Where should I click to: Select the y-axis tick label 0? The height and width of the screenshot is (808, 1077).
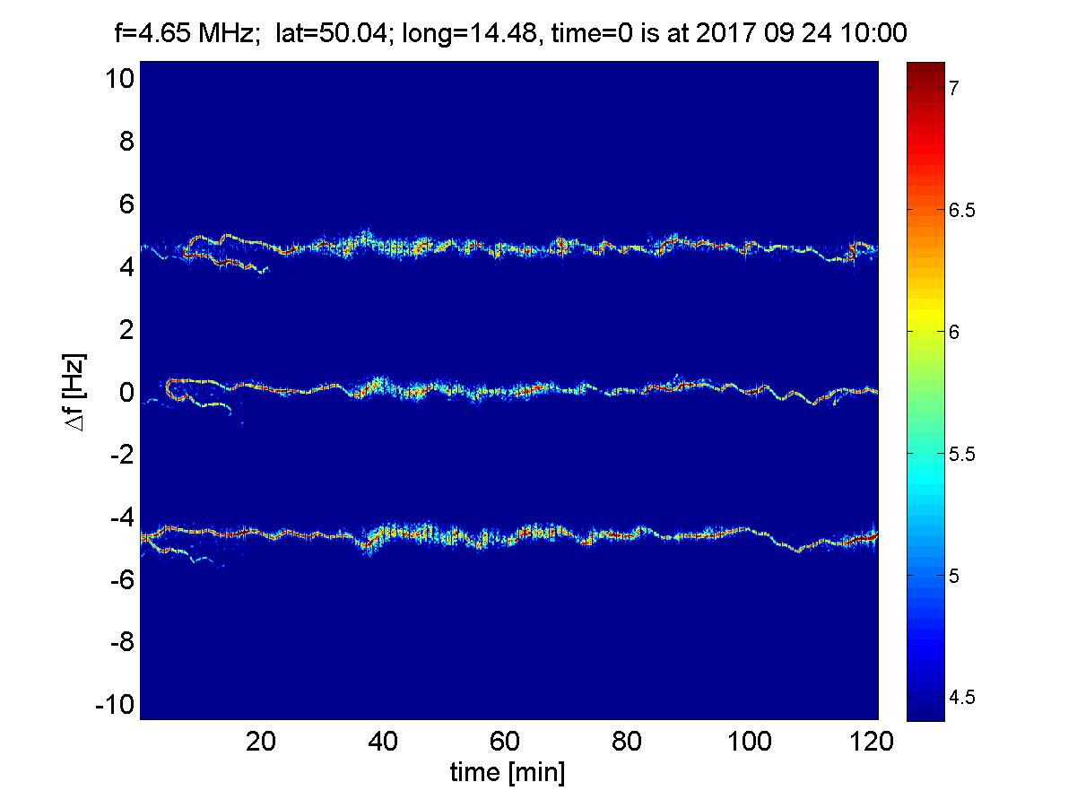(126, 393)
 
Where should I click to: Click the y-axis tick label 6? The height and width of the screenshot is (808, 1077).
(126, 204)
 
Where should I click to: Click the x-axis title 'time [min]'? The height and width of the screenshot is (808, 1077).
(508, 772)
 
